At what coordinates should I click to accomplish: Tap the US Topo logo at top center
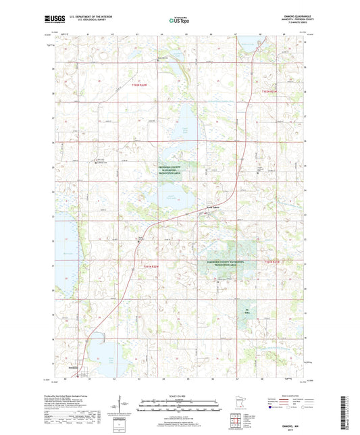pyautogui.click(x=179, y=20)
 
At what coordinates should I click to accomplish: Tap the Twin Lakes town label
pyautogui.click(x=213, y=209)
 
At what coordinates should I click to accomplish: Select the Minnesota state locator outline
pyautogui.click(x=239, y=405)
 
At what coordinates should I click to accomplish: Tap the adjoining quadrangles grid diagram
pyautogui.click(x=238, y=421)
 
